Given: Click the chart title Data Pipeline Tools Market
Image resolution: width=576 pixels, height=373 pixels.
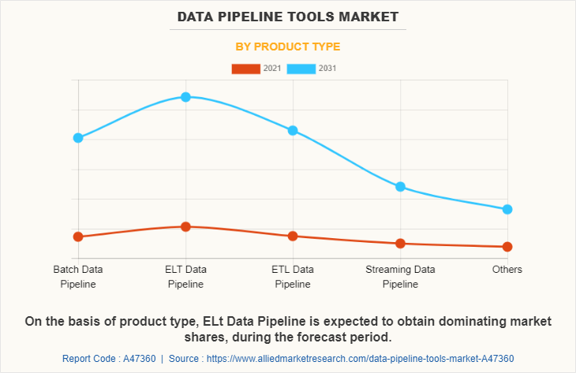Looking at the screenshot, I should [x=287, y=17].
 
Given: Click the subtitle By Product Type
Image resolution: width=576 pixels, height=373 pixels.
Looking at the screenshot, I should [x=288, y=47].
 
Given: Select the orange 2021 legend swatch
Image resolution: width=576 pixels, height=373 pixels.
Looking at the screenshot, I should [x=245, y=69].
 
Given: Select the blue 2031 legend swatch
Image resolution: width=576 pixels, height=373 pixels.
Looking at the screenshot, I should [x=301, y=69].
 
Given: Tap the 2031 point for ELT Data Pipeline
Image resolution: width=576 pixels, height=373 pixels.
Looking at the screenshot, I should [x=185, y=97].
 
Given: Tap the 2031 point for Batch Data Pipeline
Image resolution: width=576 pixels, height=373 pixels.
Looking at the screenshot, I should [x=78, y=138].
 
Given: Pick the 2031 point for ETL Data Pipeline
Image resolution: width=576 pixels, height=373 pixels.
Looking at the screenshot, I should [x=293, y=130].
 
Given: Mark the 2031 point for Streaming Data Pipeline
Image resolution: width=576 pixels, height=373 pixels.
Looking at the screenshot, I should [x=400, y=187].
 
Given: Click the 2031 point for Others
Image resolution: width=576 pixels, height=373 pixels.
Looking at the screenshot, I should [x=507, y=209].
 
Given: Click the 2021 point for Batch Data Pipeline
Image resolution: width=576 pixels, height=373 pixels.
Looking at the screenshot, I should [x=78, y=237].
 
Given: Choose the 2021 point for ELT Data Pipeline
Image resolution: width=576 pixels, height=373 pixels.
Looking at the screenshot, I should [x=185, y=226].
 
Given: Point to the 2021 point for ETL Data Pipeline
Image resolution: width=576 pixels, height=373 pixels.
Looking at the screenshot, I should [x=293, y=236].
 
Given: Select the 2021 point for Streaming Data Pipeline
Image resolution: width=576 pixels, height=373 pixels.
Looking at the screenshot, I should [x=400, y=243].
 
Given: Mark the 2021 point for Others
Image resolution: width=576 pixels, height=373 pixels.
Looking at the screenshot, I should [x=507, y=247].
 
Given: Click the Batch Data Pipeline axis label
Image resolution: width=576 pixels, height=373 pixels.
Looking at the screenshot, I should [x=78, y=277].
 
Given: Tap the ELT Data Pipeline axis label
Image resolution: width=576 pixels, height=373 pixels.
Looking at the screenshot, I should [x=185, y=277].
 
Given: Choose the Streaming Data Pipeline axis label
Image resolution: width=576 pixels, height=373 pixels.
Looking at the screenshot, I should [x=400, y=277].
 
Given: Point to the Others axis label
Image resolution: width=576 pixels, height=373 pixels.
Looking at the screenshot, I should [x=507, y=270].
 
